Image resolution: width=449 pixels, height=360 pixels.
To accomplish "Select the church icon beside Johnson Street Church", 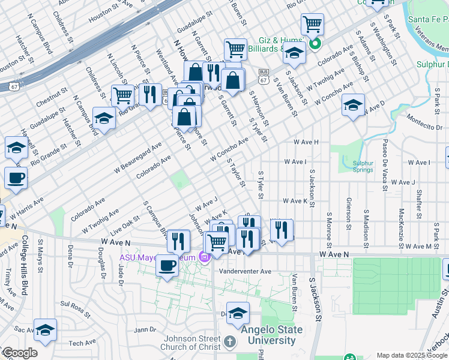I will click(x=229, y=343).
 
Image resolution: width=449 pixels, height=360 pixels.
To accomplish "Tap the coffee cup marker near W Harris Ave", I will click(x=16, y=178).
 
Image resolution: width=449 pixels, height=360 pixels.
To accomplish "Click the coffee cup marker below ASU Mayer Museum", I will click(x=167, y=265).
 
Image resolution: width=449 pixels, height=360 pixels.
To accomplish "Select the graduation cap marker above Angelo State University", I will click(x=238, y=313).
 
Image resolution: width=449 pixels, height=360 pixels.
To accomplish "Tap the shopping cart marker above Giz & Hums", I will click(x=312, y=25).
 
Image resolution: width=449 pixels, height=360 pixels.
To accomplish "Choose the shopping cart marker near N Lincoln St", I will click(x=122, y=95).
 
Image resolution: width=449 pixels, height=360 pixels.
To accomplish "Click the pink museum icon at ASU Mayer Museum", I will click(x=205, y=258).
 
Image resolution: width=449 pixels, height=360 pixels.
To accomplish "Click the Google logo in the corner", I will click(x=20, y=353).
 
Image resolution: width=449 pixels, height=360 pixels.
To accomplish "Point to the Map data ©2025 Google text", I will click(x=412, y=355).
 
